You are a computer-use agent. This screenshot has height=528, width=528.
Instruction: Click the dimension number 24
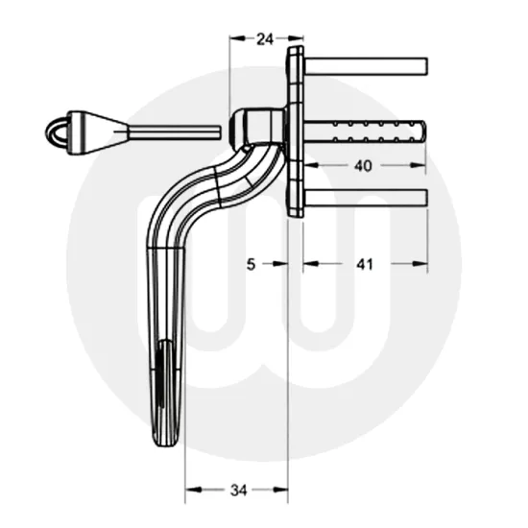[x=265, y=39]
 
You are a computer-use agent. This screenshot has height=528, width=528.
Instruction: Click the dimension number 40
[x=363, y=165]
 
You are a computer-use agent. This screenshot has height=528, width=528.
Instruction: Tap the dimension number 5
[x=251, y=264]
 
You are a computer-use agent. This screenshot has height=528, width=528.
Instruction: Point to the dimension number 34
[x=237, y=491]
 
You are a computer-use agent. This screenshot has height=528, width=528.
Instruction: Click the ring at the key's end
[x=60, y=130]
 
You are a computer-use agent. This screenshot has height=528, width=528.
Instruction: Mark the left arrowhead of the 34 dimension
[x=191, y=491]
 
